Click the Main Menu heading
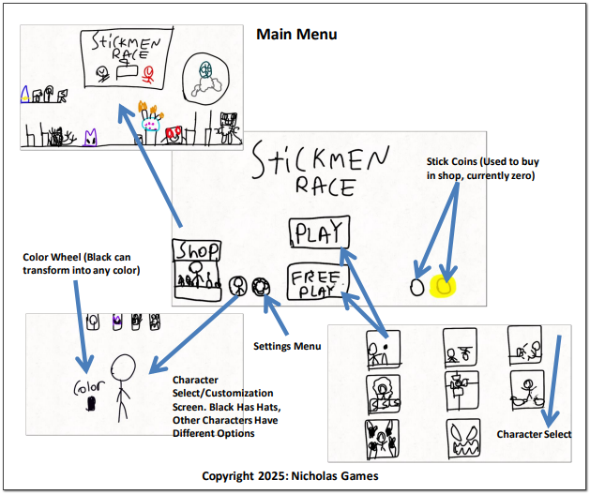296,35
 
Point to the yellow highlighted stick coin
443,286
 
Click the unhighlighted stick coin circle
416,287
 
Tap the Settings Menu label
287,346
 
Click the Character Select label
531,435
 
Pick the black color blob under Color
91,405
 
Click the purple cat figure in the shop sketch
89,139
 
